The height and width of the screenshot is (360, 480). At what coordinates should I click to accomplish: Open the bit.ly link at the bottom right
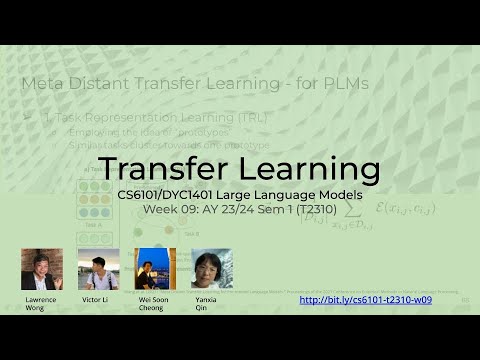click(x=365, y=299)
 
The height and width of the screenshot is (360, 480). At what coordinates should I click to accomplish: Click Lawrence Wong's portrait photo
click(x=42, y=269)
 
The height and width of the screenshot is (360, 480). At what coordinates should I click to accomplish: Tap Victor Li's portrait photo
click(x=98, y=269)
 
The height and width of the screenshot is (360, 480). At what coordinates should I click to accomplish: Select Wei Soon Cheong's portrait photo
click(x=154, y=269)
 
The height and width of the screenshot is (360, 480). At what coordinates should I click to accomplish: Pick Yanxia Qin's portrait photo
click(x=211, y=269)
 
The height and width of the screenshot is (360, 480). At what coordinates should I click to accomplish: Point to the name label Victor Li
click(x=96, y=299)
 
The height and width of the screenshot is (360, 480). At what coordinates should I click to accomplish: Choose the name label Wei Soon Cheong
click(x=151, y=303)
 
